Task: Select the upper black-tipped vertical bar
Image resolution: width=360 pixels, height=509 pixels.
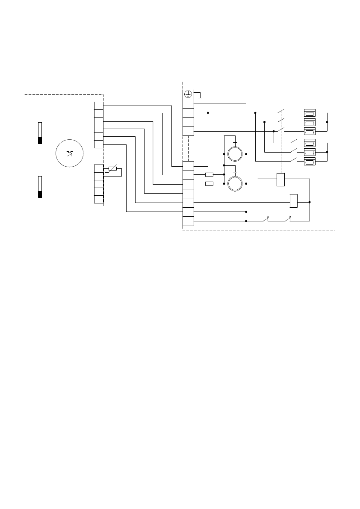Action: click(40, 133)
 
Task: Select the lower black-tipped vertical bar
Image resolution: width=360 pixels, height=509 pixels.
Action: click(40, 187)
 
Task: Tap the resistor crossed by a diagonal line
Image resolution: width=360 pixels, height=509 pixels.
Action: click(112, 169)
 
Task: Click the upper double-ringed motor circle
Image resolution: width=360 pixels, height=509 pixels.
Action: click(235, 153)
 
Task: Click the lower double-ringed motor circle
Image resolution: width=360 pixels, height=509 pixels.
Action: click(235, 184)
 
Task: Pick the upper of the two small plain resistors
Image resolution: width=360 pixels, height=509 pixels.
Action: click(209, 174)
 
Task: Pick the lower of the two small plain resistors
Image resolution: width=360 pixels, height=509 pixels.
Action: click(209, 184)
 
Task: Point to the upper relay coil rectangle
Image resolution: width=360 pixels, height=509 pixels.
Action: click(281, 179)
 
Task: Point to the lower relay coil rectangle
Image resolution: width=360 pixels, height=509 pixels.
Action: click(294, 200)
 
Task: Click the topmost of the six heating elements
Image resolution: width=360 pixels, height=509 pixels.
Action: click(310, 113)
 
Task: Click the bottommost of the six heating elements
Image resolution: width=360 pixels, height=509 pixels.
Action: click(310, 162)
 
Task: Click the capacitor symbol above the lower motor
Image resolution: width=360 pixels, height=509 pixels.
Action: click(235, 173)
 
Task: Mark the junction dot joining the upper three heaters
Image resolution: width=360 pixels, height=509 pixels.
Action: click(327, 122)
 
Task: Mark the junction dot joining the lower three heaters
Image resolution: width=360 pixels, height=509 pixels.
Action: click(327, 152)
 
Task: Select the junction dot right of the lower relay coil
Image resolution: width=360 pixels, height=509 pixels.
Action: click(310, 202)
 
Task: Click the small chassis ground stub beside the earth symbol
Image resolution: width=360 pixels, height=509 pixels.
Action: click(200, 95)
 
